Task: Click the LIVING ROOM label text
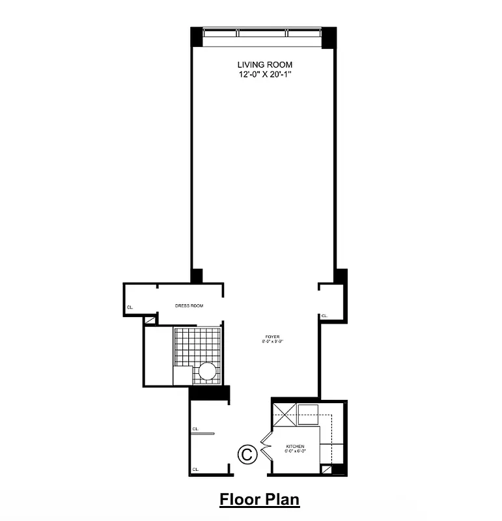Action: [x=264, y=65]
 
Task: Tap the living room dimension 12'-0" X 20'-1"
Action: [x=264, y=75]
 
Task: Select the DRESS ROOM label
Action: [x=189, y=305]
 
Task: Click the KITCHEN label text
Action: [x=295, y=446]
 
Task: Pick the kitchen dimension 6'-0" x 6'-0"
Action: [x=295, y=451]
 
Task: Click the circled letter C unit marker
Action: [x=247, y=454]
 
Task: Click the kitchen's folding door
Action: [x=266, y=447]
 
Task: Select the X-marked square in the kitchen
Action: [x=285, y=413]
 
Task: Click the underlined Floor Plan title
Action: [x=259, y=500]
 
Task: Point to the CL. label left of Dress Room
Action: [x=130, y=307]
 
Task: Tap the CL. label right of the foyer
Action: [x=324, y=317]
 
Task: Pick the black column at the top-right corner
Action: [x=329, y=36]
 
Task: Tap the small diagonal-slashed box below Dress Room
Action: [x=150, y=320]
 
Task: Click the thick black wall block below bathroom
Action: [x=210, y=393]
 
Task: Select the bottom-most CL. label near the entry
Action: [x=195, y=469]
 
